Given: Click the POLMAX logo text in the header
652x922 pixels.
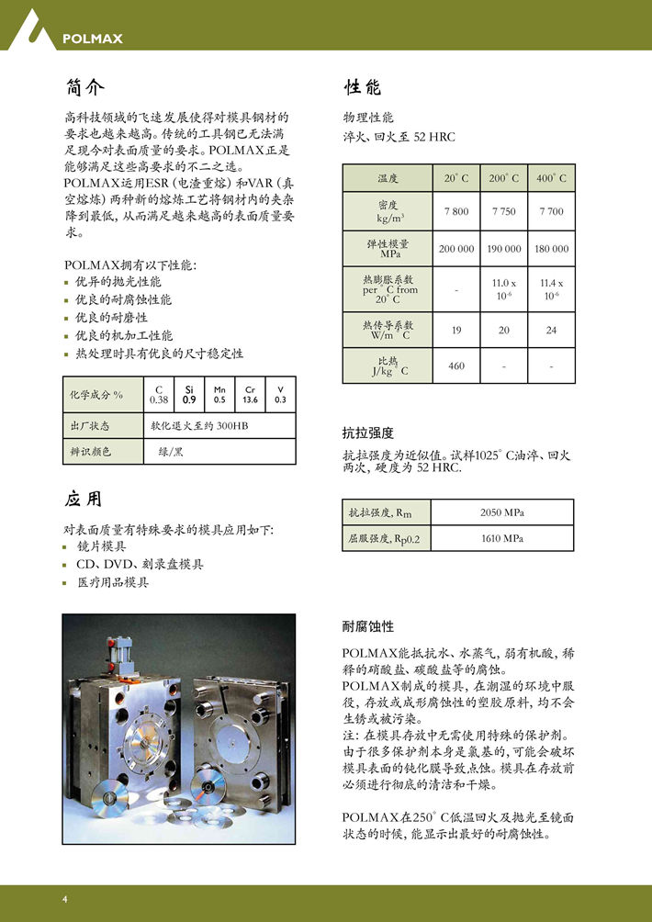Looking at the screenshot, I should (x=92, y=39).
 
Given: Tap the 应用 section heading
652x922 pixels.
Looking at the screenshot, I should (x=85, y=499).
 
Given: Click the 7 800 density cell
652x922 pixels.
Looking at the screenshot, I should (x=456, y=211).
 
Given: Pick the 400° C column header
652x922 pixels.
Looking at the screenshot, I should (x=551, y=178).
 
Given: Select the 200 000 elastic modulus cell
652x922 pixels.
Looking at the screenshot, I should (x=456, y=249).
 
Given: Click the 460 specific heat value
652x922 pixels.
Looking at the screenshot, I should (x=456, y=366).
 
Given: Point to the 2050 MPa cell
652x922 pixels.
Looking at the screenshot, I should (x=502, y=512).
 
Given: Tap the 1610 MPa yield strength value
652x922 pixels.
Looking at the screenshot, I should (x=502, y=538).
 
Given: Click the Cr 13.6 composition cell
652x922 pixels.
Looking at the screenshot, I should (x=250, y=395).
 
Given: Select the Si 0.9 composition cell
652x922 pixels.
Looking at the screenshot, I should (x=189, y=395).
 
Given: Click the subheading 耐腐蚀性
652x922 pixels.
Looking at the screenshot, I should (x=367, y=626).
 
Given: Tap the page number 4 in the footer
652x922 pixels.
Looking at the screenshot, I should (x=65, y=898).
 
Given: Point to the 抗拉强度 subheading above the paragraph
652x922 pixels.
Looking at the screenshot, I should (x=367, y=433).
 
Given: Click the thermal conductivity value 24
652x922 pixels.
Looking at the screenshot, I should (x=551, y=330).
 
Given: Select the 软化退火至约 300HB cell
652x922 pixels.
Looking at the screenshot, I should (x=199, y=426).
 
